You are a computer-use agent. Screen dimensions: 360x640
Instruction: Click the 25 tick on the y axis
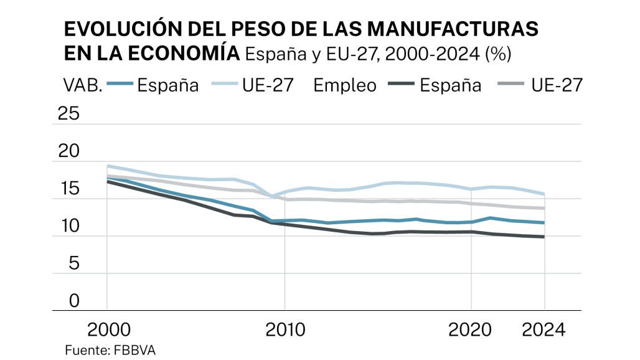(68, 114)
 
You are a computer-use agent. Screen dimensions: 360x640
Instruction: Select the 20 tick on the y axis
(68, 151)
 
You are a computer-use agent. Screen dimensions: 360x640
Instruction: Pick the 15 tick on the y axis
(68, 189)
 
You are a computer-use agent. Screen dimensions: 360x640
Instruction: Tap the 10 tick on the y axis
(68, 226)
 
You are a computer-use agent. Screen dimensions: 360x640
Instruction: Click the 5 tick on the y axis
(74, 263)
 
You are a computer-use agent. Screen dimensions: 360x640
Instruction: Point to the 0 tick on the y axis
(74, 301)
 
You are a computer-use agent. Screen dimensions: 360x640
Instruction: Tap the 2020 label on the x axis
(471, 329)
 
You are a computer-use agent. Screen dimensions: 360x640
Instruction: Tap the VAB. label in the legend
(82, 85)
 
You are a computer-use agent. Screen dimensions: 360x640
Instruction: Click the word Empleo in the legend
(345, 85)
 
